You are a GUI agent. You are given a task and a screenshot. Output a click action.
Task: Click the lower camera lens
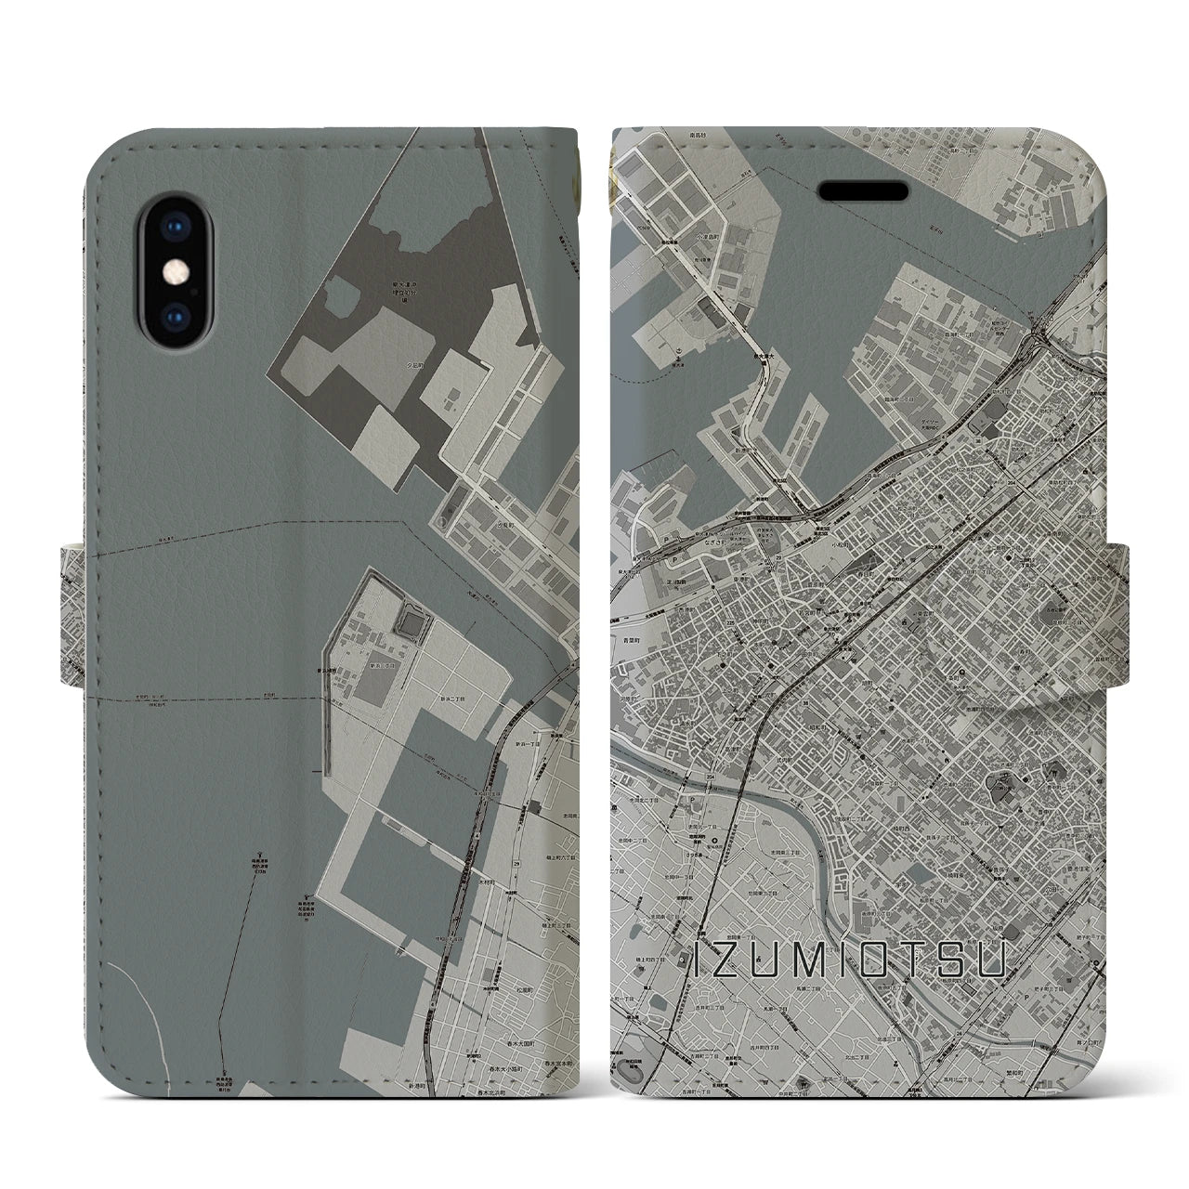click(174, 317)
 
